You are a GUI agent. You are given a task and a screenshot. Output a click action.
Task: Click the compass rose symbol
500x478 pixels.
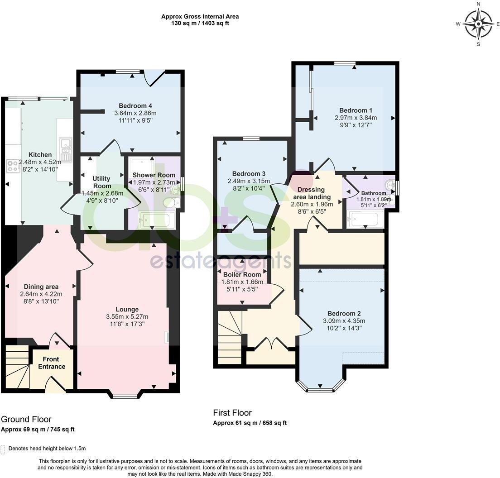[x=478, y=24]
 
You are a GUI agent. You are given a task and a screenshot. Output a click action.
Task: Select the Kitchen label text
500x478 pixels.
[x=40, y=155]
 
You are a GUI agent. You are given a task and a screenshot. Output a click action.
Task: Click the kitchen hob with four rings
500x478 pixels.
[x=12, y=166]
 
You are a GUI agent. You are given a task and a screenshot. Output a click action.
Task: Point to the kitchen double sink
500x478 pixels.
[x=65, y=149]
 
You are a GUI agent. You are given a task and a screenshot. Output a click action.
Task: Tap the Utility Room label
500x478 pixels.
[x=102, y=182]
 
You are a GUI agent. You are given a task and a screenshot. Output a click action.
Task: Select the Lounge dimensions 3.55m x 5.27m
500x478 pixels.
[x=127, y=317]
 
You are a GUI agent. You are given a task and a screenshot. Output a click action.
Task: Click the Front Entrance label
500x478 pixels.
[x=51, y=363]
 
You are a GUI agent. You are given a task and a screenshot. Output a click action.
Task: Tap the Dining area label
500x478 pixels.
[x=41, y=287]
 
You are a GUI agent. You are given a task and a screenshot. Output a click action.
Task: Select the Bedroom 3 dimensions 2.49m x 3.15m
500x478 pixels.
[x=248, y=181]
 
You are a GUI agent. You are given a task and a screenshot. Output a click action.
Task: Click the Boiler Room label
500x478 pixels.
[x=242, y=274]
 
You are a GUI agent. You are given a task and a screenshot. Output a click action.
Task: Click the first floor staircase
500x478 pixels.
[x=230, y=337]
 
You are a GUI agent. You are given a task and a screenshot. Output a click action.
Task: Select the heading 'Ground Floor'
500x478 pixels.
[x=26, y=419]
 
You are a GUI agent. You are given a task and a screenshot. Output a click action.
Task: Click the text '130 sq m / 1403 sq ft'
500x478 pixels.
[x=200, y=23]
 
